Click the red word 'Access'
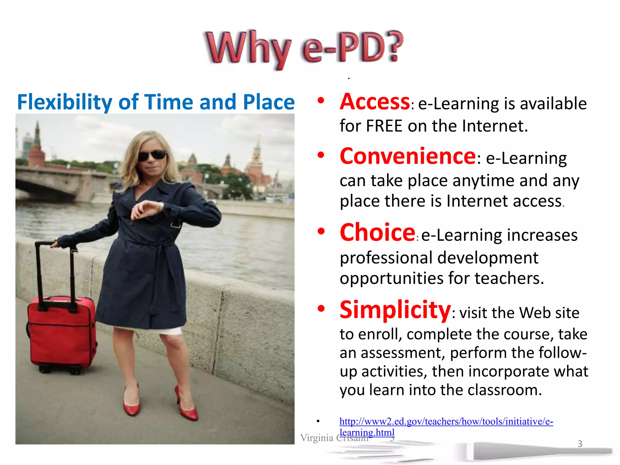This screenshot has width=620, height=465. point(375,102)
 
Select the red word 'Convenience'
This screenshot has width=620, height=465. point(408,157)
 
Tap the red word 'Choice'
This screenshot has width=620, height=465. point(377,232)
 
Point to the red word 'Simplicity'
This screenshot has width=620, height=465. point(395,310)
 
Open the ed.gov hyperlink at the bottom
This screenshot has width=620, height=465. point(446,421)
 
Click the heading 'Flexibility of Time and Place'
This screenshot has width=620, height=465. point(156,102)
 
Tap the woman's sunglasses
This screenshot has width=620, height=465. point(152,156)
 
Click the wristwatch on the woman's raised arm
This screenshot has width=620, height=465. point(161,207)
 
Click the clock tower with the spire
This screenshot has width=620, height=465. point(257,160)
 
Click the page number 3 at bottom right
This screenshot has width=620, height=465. point(580,444)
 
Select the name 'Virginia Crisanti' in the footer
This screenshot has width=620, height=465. point(334,438)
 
